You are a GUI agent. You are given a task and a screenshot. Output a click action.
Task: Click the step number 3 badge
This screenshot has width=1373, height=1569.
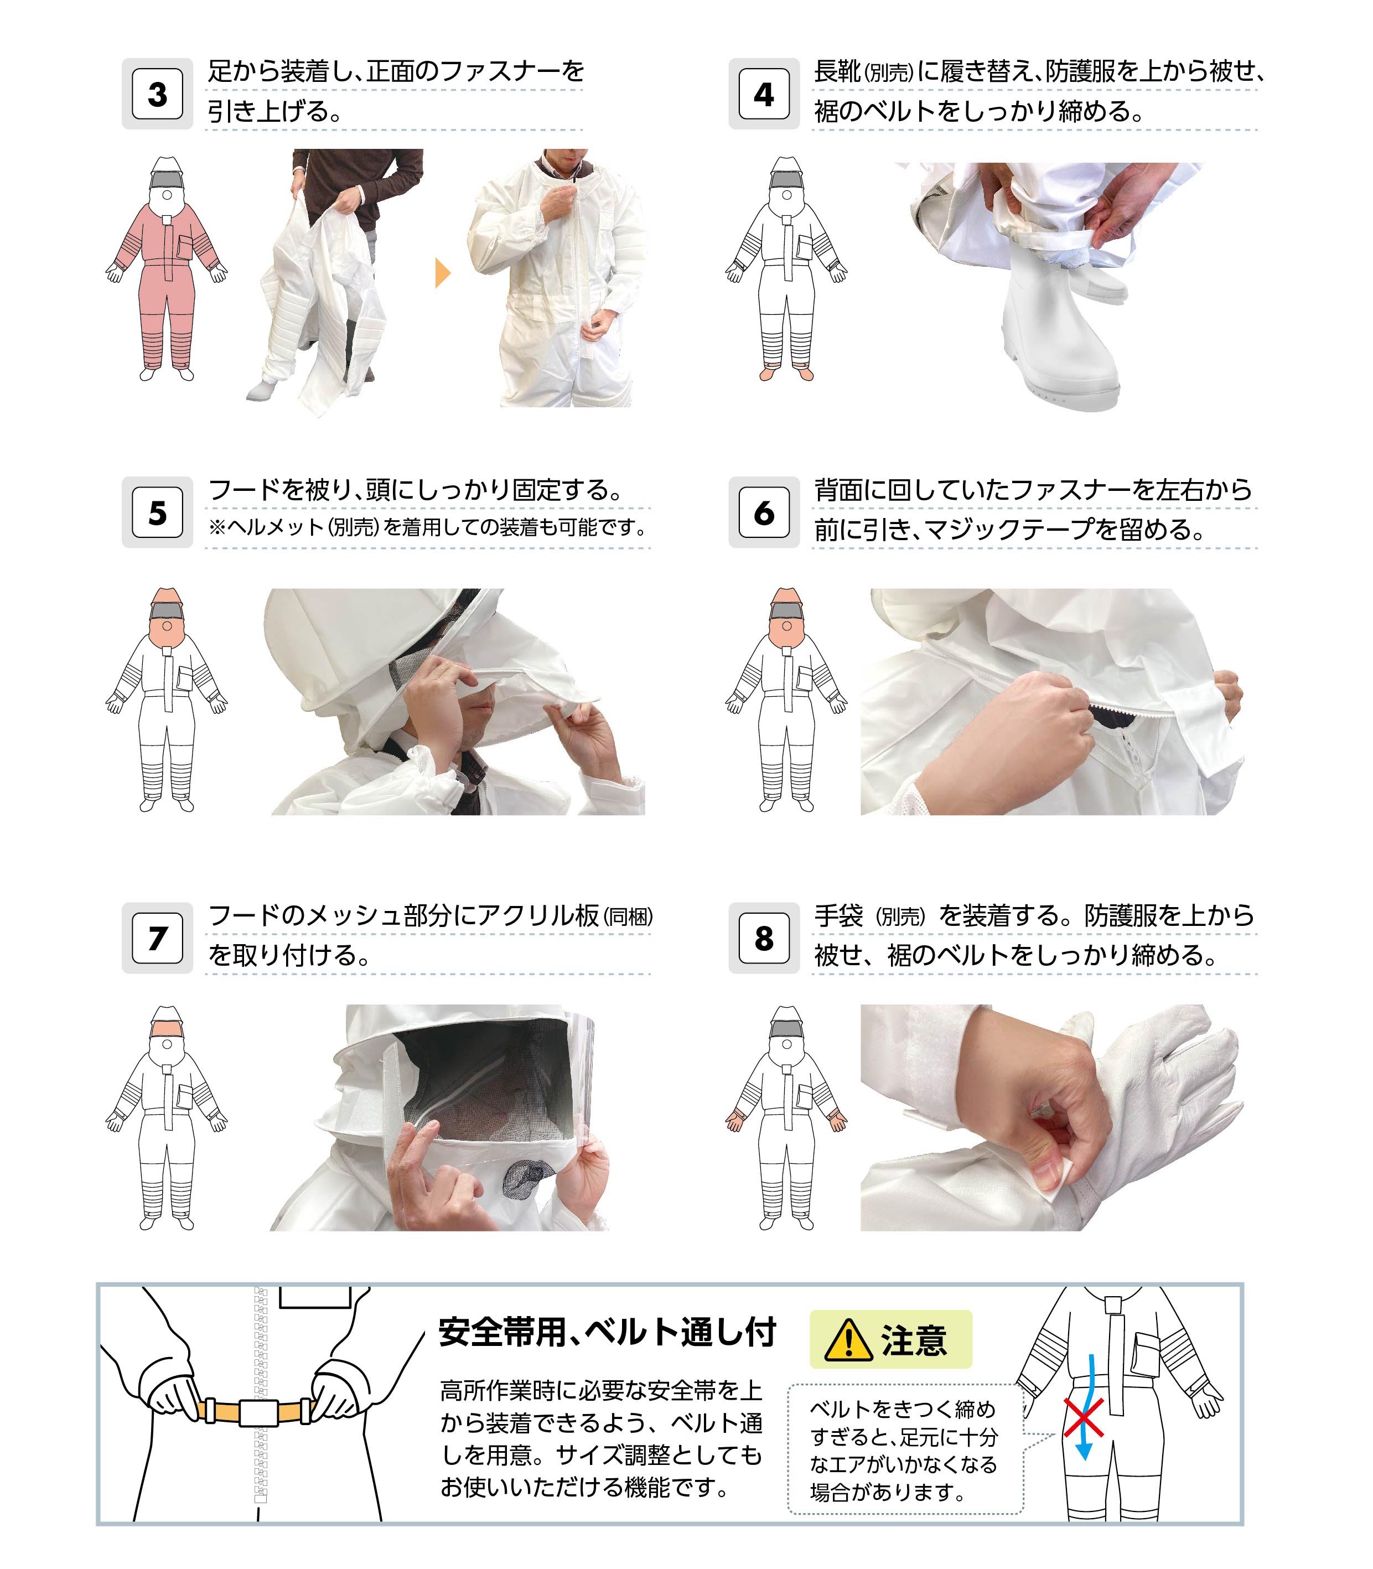coord(157,94)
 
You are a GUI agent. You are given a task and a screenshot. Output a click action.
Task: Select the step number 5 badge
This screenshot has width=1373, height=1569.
coord(157,512)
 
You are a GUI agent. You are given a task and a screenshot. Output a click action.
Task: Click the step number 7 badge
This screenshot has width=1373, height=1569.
coord(157,938)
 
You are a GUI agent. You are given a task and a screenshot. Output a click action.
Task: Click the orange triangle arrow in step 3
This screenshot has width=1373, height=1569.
coord(442,273)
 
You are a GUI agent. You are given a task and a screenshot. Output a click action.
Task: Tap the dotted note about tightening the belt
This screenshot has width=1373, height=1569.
coord(904,1449)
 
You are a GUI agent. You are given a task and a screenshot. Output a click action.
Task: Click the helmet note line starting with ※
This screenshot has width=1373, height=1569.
coord(428,528)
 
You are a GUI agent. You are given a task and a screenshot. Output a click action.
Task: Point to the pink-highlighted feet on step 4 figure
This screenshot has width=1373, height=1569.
coord(786,375)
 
